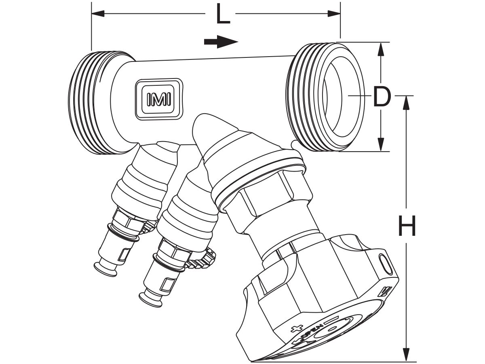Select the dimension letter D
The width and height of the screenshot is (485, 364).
coord(382,97)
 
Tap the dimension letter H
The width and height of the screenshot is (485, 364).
coord(407,226)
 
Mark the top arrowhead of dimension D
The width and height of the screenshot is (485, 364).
coord(380,49)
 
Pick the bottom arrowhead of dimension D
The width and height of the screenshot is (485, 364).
coord(380,145)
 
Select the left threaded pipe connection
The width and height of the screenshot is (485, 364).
coord(91,103)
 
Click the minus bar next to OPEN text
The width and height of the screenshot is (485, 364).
coord(328,320)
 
